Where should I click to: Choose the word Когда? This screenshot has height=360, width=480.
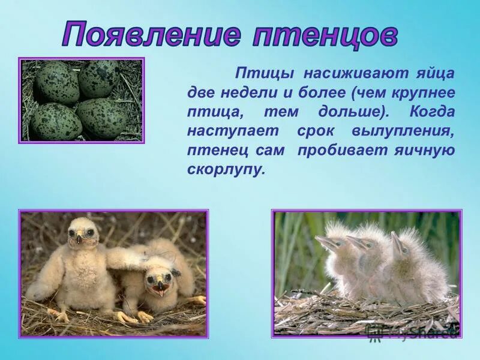point(432,113)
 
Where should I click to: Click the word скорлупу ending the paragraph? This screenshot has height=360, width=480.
point(225,170)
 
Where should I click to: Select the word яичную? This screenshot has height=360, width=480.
point(428,151)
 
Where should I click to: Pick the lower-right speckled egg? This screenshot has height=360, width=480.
point(102,118)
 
